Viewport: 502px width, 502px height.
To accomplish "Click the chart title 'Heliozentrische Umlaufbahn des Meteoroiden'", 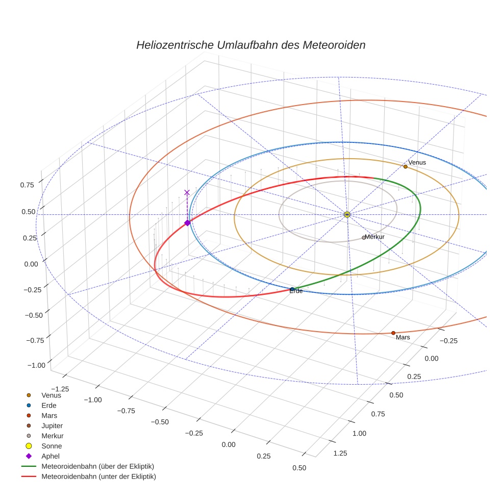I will click(250, 45).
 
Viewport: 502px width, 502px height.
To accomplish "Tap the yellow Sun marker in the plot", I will click(347, 214).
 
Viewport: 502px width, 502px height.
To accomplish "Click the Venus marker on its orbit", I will click(405, 166).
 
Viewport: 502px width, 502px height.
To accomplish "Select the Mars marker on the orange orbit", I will click(393, 333).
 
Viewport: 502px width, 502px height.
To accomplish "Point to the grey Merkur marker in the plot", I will click(364, 237).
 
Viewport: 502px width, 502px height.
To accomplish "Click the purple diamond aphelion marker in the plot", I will click(187, 222).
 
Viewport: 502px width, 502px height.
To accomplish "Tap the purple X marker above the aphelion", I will click(187, 192).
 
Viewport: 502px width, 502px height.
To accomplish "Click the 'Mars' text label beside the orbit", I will click(403, 338).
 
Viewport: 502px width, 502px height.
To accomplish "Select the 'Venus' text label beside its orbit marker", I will click(417, 162).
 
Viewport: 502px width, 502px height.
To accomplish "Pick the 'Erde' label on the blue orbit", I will click(296, 291).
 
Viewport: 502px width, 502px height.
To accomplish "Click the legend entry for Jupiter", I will click(52, 425).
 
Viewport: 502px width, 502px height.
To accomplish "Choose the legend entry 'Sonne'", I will click(52, 446).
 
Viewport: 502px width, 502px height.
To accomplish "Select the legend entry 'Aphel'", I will click(51, 456).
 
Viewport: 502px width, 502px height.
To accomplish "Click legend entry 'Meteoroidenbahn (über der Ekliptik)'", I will click(97, 466).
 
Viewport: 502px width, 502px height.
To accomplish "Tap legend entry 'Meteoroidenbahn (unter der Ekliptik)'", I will click(98, 476).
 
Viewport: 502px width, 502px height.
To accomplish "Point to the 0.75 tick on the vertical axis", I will click(28, 185).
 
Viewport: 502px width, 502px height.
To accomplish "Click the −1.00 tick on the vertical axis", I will click(35, 365).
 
